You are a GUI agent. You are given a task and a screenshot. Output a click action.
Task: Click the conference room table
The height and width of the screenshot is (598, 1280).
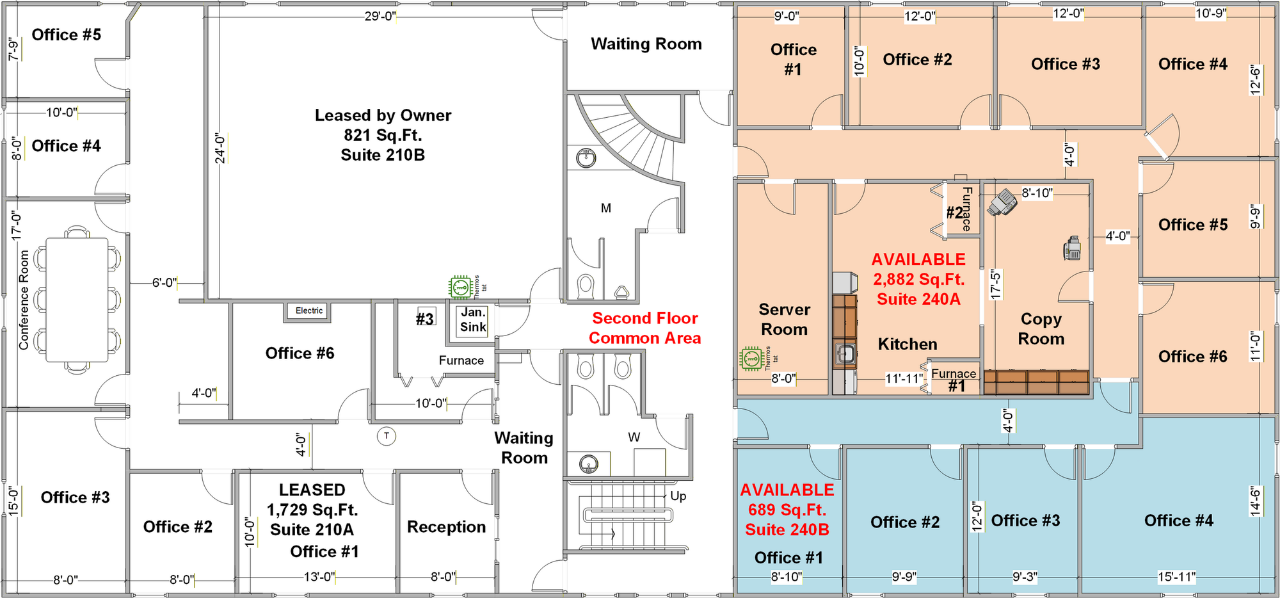pyautogui.click(x=77, y=300)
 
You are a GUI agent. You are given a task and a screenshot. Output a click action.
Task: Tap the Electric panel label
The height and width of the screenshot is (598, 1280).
pyautogui.click(x=309, y=311)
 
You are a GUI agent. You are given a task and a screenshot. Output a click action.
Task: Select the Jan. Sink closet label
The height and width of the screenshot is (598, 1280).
pyautogui.click(x=474, y=319)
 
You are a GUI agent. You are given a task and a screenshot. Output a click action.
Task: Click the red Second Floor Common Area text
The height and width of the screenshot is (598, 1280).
pyautogui.click(x=645, y=328)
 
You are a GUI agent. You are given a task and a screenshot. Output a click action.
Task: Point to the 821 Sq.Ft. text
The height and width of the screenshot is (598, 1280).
pyautogui.click(x=383, y=135)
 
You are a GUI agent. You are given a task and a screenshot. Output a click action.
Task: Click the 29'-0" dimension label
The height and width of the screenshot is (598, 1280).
pyautogui.click(x=380, y=16)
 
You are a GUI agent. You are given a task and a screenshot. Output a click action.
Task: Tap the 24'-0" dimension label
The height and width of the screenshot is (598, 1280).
pyautogui.click(x=221, y=149)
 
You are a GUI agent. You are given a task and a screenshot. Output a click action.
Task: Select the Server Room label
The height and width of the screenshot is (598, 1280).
pyautogui.click(x=785, y=319)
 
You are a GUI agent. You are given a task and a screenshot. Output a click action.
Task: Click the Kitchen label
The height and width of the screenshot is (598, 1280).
pyautogui.click(x=908, y=344)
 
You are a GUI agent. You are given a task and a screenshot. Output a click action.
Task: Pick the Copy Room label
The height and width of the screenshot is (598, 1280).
pyautogui.click(x=1041, y=328)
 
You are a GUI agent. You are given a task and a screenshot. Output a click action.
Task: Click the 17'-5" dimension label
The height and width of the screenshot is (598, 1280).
pyautogui.click(x=996, y=284)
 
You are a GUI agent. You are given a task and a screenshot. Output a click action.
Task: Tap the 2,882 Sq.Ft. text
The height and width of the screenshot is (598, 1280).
pyautogui.click(x=918, y=279)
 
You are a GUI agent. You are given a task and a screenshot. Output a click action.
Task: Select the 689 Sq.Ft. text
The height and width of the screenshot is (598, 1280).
pyautogui.click(x=787, y=510)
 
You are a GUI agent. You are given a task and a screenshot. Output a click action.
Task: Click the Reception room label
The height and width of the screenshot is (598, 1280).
pyautogui.click(x=447, y=527)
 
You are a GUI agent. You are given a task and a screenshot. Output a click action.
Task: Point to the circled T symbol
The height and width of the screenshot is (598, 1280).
pyautogui.click(x=387, y=436)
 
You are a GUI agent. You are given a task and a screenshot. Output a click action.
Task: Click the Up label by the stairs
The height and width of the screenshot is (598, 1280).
pyautogui.click(x=678, y=496)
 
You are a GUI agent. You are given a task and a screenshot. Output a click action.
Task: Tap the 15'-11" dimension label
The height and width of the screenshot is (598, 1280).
pyautogui.click(x=1177, y=577)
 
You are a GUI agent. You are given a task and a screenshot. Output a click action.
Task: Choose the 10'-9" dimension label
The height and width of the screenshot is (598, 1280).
pyautogui.click(x=1210, y=13)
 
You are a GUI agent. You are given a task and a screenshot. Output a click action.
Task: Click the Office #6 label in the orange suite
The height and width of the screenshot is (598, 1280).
pyautogui.click(x=1193, y=357)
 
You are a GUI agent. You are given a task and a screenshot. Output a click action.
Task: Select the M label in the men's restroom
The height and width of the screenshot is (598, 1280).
pyautogui.click(x=606, y=208)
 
